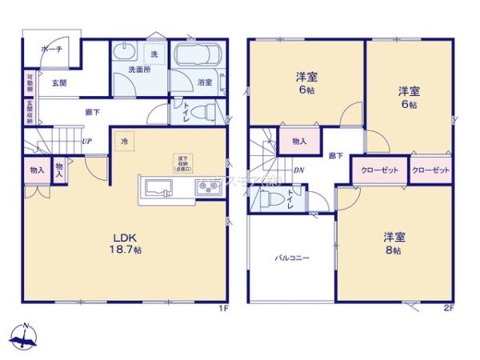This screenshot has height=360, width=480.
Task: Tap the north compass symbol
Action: pos(26,338)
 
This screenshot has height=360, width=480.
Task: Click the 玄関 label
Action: pos(59,82)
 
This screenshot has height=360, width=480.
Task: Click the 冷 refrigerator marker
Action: pos(125,142)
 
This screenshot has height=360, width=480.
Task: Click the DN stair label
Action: pos(298,170)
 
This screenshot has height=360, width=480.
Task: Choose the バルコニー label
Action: pos(293,258)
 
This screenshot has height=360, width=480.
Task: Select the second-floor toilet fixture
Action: pos(268,197)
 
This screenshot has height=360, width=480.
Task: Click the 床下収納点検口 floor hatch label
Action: pos(183,162)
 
